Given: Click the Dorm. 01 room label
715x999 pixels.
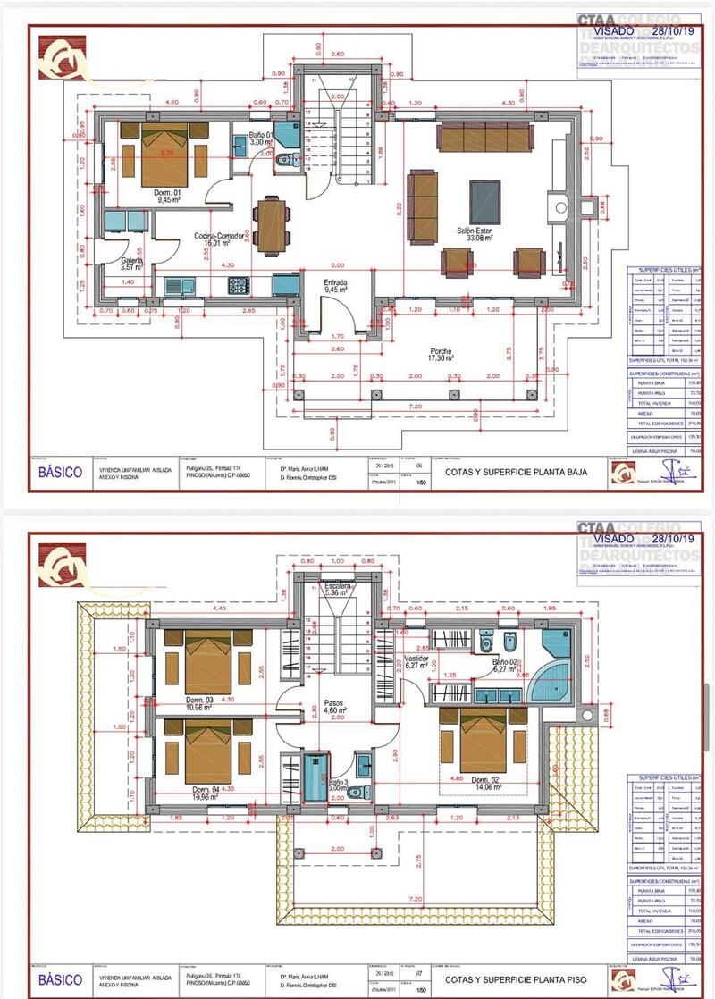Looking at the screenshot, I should [167, 193].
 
